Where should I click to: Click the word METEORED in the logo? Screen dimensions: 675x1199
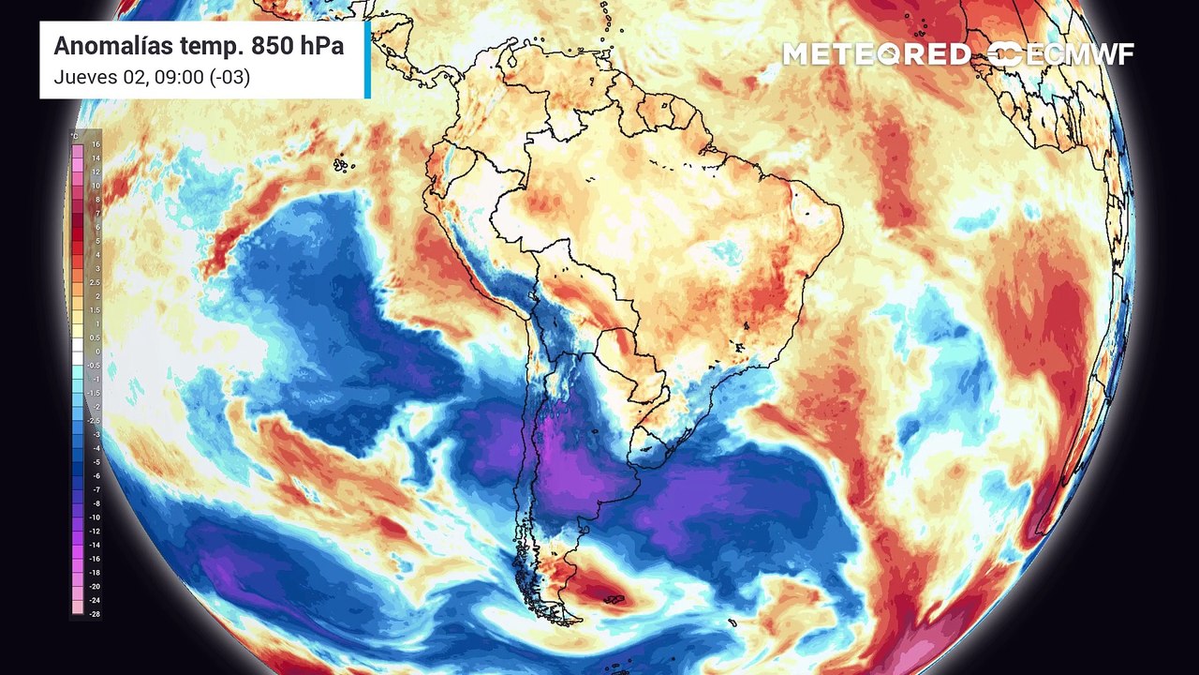pyautogui.click(x=876, y=54)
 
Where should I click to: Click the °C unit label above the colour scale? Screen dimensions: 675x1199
pyautogui.click(x=74, y=136)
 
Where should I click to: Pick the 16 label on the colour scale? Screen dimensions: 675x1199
pyautogui.click(x=95, y=145)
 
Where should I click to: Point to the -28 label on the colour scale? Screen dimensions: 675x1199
pyautogui.click(x=95, y=613)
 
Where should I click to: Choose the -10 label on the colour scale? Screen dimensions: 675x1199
pyautogui.click(x=95, y=517)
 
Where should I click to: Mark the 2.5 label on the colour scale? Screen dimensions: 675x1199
pyautogui.click(x=95, y=282)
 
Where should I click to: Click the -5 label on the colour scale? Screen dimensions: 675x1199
pyautogui.click(x=95, y=462)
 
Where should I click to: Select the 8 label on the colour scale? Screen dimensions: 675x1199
pyautogui.click(x=95, y=200)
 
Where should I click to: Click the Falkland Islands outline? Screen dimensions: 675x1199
pyautogui.click(x=614, y=599)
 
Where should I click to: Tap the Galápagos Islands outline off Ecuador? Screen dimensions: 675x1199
pyautogui.click(x=343, y=165)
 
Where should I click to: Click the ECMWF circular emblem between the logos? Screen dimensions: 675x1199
pyautogui.click(x=1004, y=54)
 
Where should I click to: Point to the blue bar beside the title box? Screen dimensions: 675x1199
pyautogui.click(x=367, y=59)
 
